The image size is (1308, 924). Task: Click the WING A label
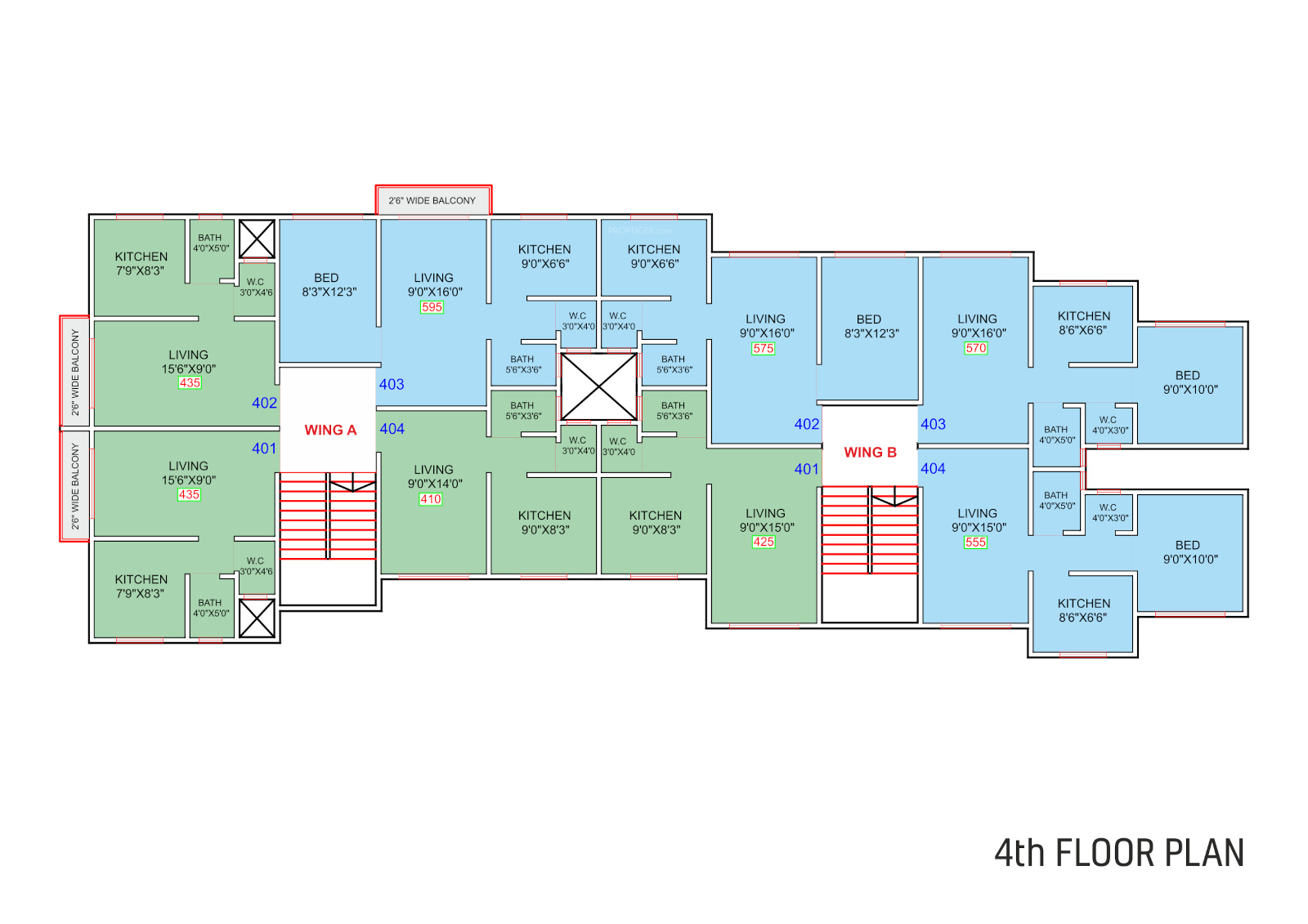(330, 430)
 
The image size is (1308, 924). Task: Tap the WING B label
(870, 452)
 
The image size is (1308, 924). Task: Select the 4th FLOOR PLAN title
(1118, 853)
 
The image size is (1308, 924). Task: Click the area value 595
(432, 307)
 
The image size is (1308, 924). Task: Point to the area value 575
(763, 348)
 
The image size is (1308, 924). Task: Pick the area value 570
(975, 348)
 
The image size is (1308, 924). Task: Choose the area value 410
(430, 499)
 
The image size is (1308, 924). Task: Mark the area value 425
(764, 542)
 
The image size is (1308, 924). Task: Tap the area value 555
(975, 542)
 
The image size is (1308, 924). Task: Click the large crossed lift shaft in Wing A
(598, 386)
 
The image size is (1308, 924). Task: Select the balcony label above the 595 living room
(432, 200)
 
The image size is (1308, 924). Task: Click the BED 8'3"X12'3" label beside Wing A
(329, 284)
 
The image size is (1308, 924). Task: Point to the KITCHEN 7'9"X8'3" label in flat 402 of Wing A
(141, 263)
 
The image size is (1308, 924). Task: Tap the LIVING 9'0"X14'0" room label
(434, 476)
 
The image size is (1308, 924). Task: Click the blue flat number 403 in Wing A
(392, 384)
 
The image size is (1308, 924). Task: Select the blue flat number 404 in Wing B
(933, 468)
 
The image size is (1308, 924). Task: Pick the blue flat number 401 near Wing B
(806, 469)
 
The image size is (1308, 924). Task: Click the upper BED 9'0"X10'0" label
(1189, 382)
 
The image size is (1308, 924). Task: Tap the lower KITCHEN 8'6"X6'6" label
(1083, 610)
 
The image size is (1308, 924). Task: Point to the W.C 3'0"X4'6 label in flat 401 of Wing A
(256, 565)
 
